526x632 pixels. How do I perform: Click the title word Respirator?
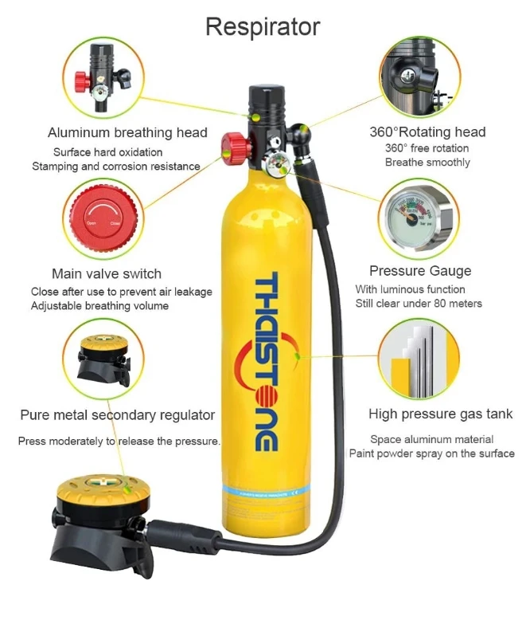click(263, 27)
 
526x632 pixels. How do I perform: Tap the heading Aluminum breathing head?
click(127, 132)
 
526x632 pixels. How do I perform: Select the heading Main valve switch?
click(107, 273)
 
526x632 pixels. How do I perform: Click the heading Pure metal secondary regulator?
click(118, 414)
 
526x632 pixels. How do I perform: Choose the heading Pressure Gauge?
click(419, 271)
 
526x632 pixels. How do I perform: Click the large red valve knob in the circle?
click(105, 218)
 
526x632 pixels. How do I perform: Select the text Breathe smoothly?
click(427, 163)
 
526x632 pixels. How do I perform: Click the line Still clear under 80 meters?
click(419, 304)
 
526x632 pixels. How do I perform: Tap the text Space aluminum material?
click(431, 439)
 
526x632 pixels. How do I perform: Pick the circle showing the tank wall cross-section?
click(419, 359)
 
